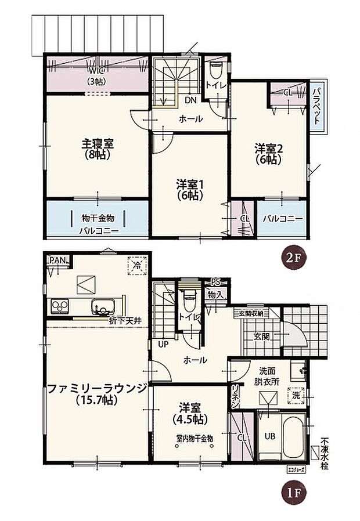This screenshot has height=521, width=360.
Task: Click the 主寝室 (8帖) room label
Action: tap(93, 148)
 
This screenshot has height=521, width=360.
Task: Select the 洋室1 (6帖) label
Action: tap(189, 190)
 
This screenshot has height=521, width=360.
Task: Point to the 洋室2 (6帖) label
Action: tap(267, 154)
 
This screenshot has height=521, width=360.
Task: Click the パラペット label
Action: tap(317, 106)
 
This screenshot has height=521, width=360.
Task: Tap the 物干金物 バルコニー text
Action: tap(98, 224)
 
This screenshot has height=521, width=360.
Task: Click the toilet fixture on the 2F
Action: tap(217, 71)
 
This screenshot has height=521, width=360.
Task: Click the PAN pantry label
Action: tap(57, 260)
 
